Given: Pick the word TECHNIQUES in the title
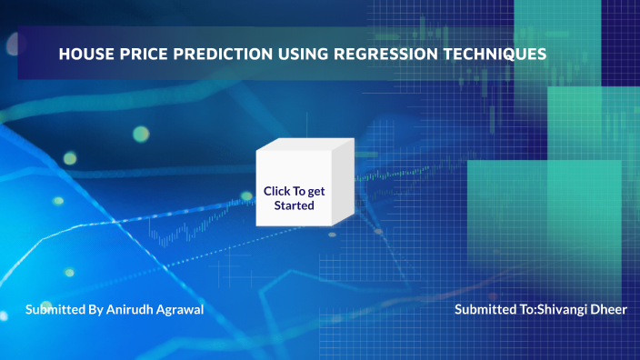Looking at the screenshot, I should (501, 55).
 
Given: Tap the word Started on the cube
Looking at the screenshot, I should (295, 205).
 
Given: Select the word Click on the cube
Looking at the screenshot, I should (276, 191).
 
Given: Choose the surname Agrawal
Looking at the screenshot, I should (180, 310).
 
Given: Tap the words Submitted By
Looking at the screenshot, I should (64, 310).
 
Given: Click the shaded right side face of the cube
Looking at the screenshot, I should (343, 185).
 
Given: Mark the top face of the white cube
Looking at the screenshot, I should (305, 145).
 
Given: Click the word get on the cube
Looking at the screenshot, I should (315, 191).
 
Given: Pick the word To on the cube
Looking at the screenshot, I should (297, 191).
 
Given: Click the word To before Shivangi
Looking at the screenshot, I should (526, 310).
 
